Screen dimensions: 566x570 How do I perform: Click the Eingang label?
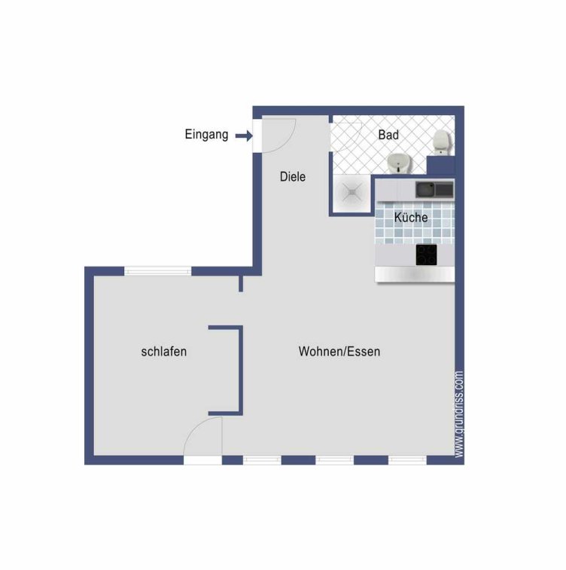tap(206, 135)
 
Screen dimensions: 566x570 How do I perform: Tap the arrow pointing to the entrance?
tap(244, 136)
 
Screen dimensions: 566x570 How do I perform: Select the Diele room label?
tap(293, 177)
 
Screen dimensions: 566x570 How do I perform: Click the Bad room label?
tap(388, 135)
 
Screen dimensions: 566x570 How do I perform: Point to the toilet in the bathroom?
tap(442, 142)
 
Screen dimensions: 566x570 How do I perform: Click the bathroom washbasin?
tap(399, 163)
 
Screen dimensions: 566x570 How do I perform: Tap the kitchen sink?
tap(434, 190)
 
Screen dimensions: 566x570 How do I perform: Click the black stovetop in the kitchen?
tap(426, 255)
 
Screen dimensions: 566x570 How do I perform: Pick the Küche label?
tap(411, 218)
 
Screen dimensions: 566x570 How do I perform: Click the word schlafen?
tap(164, 352)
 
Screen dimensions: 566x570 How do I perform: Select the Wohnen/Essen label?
tap(339, 352)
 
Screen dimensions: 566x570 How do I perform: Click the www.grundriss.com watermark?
tap(459, 414)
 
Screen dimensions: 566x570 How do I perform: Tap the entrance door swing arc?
tap(286, 141)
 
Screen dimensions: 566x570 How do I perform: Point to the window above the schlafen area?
tap(157, 271)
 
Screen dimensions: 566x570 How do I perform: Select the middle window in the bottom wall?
tap(335, 460)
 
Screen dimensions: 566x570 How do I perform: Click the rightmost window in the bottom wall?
tap(407, 460)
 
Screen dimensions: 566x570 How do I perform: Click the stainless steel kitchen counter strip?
tap(415, 274)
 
